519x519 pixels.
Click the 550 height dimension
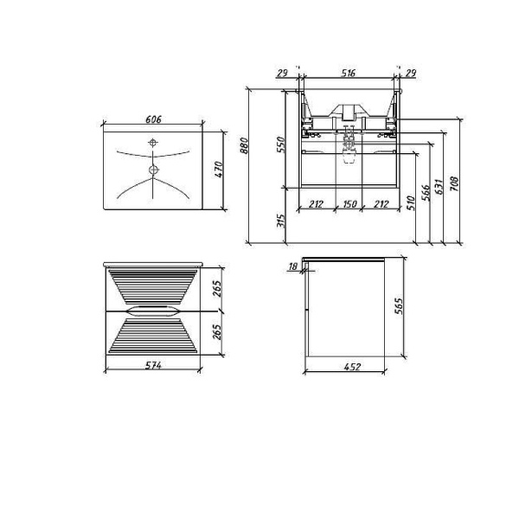pyautogui.click(x=279, y=144)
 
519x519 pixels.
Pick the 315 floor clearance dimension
pyautogui.click(x=279, y=221)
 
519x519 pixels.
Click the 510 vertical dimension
pyautogui.click(x=411, y=204)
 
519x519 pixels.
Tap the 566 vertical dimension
pyautogui.click(x=426, y=195)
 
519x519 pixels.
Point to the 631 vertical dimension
pyautogui.click(x=439, y=186)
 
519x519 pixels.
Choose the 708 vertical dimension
pyautogui.click(x=454, y=181)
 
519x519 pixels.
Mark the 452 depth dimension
pyautogui.click(x=350, y=367)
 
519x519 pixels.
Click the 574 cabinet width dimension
pyautogui.click(x=153, y=367)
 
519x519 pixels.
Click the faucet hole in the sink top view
pyautogui.click(x=152, y=142)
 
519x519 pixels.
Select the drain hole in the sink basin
pyautogui.click(x=153, y=169)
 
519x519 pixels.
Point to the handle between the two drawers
pyautogui.click(x=153, y=309)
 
